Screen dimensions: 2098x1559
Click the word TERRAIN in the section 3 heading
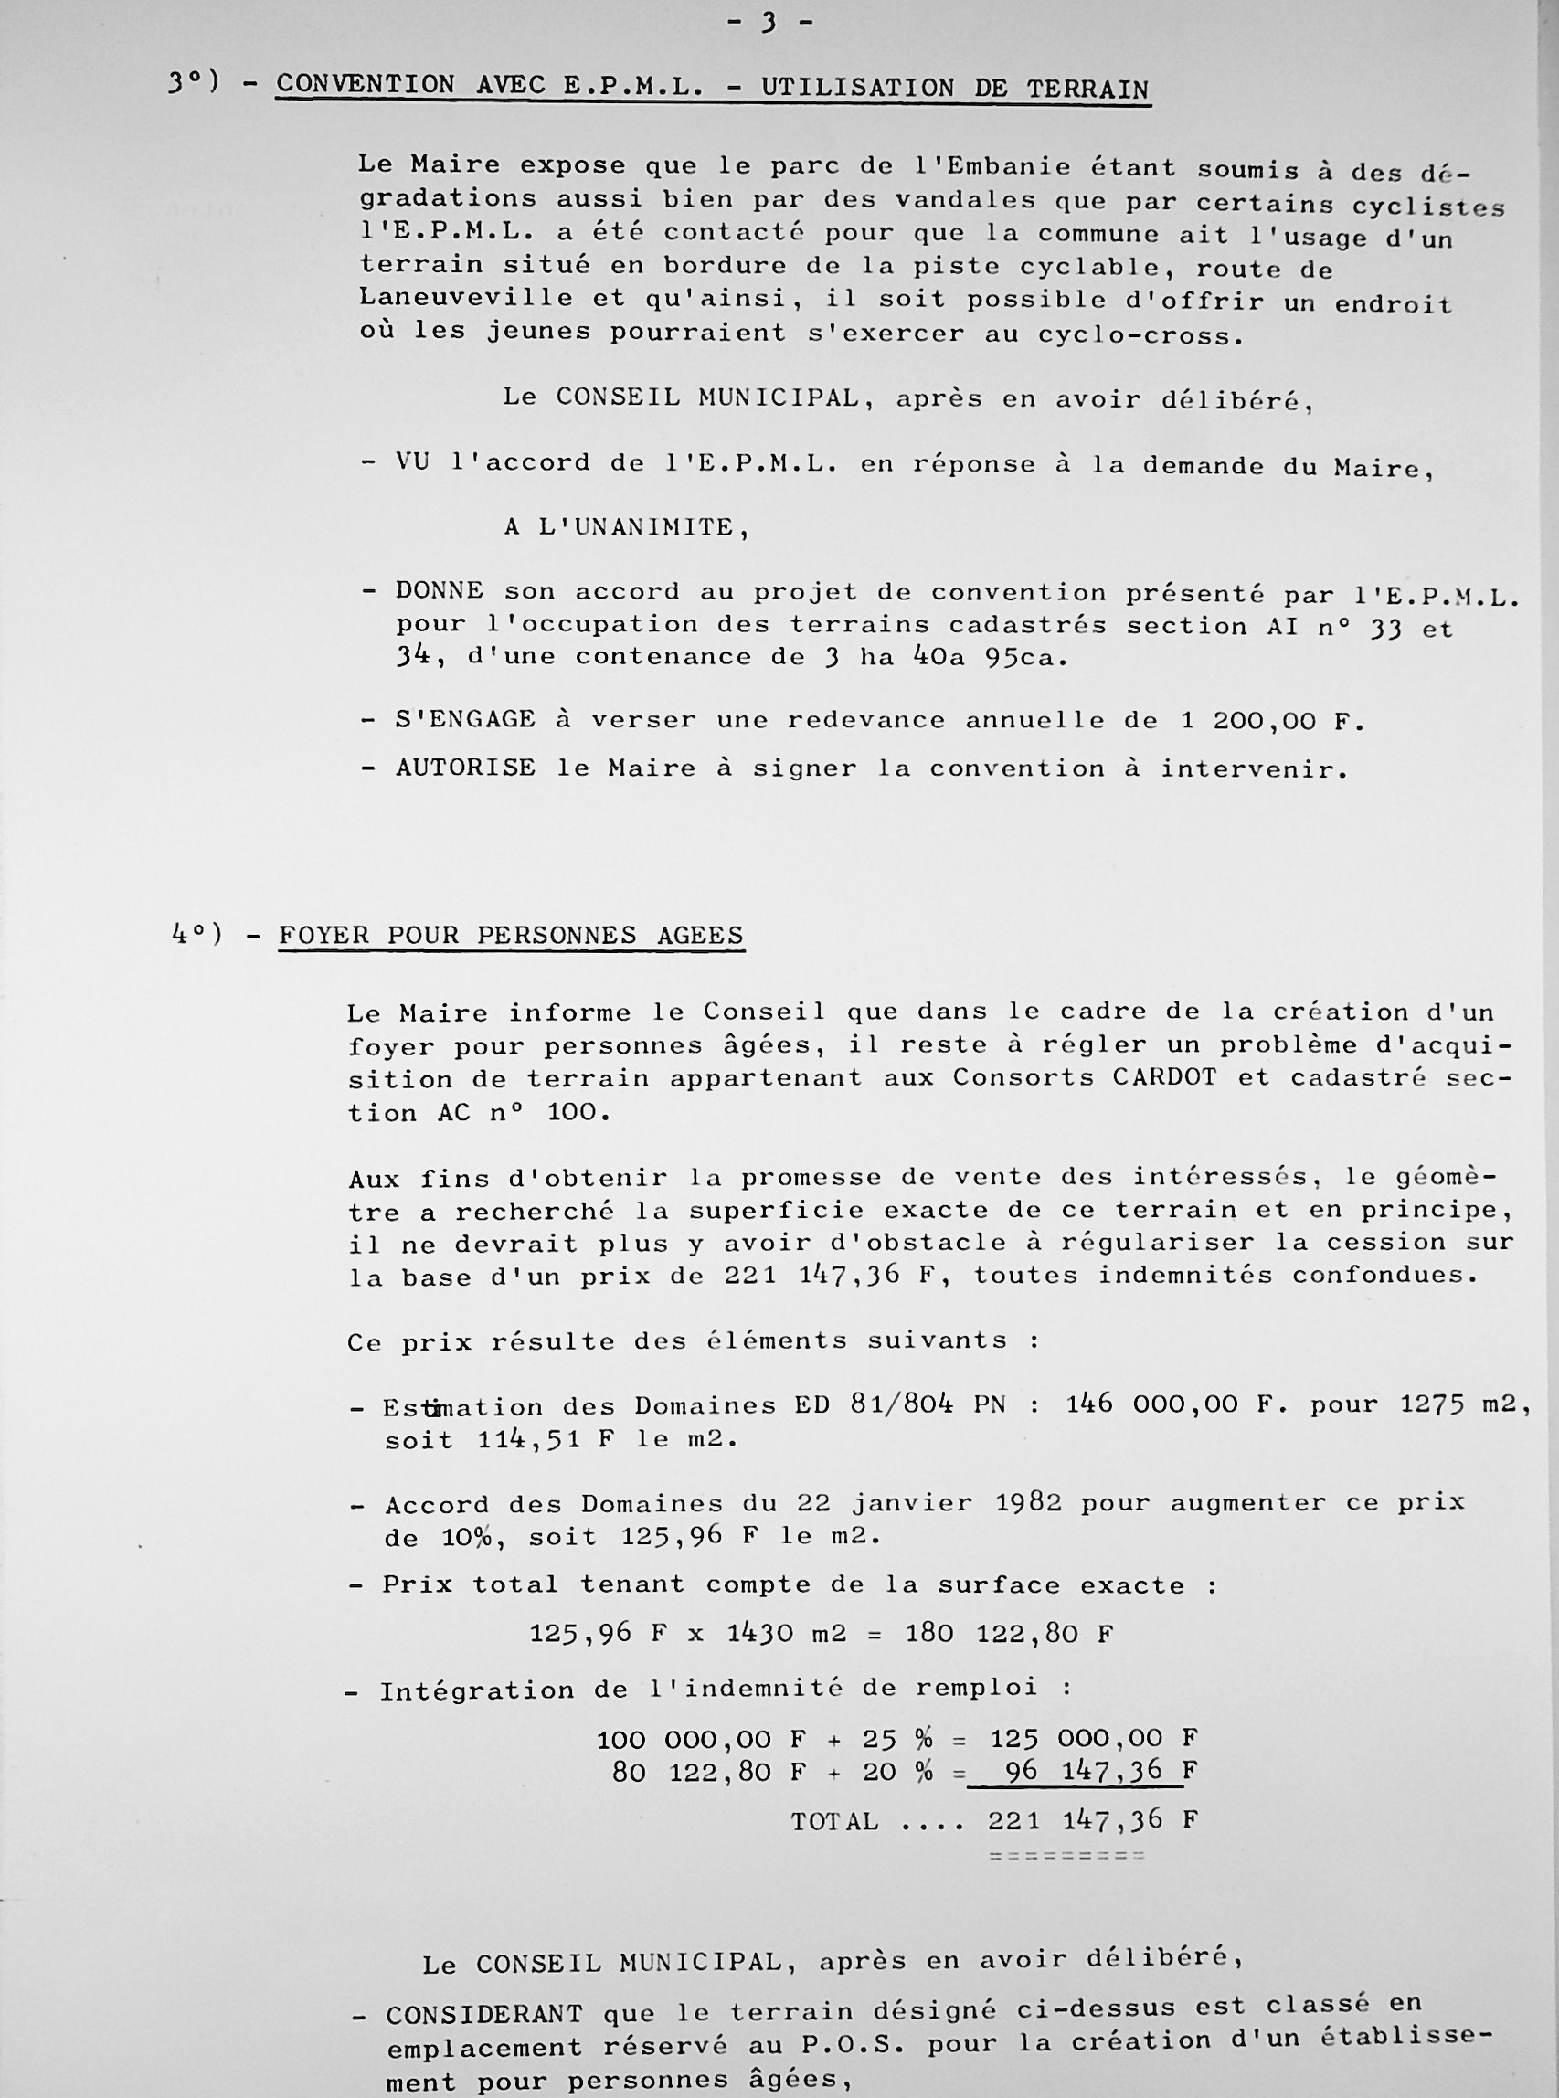pyautogui.click(x=1087, y=90)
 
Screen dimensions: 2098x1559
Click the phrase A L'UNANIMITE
pyautogui.click(x=626, y=526)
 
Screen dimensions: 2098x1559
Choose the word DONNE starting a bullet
pyautogui.click(x=439, y=591)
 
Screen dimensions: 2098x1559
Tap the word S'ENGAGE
pyautogui.click(x=465, y=719)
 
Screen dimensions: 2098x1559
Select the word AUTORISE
pyautogui.click(x=465, y=768)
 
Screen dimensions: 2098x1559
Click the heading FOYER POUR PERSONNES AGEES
pyautogui.click(x=511, y=936)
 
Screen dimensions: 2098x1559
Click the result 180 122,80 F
pyautogui.click(x=1009, y=1634)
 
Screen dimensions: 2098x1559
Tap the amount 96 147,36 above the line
pyautogui.click(x=1084, y=1771)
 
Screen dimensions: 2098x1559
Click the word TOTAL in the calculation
pyautogui.click(x=834, y=1820)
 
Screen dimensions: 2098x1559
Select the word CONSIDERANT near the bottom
pyautogui.click(x=483, y=2011)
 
